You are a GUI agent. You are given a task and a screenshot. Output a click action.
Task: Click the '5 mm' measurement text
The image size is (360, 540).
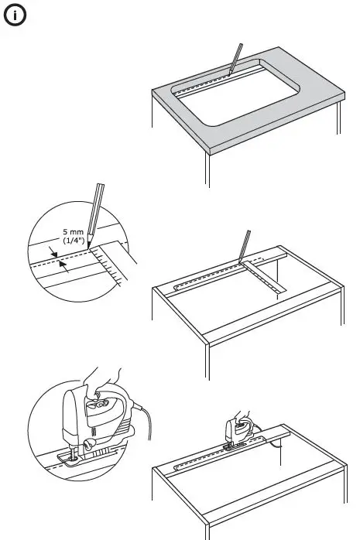click(x=74, y=230)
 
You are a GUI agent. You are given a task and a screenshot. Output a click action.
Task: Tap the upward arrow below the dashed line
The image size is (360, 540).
click(x=64, y=267)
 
